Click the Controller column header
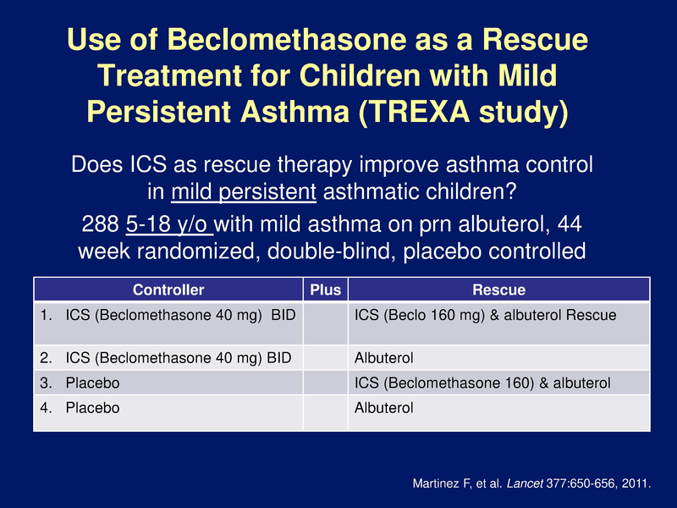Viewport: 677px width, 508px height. (168, 290)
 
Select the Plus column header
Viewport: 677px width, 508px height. (326, 290)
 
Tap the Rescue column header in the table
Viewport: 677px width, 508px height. (498, 290)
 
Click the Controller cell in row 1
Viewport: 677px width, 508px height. (168, 315)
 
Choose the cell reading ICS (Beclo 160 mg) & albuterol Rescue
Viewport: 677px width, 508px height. (485, 315)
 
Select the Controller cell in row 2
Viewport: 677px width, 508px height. (168, 358)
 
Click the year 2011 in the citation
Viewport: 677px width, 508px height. (632, 483)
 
